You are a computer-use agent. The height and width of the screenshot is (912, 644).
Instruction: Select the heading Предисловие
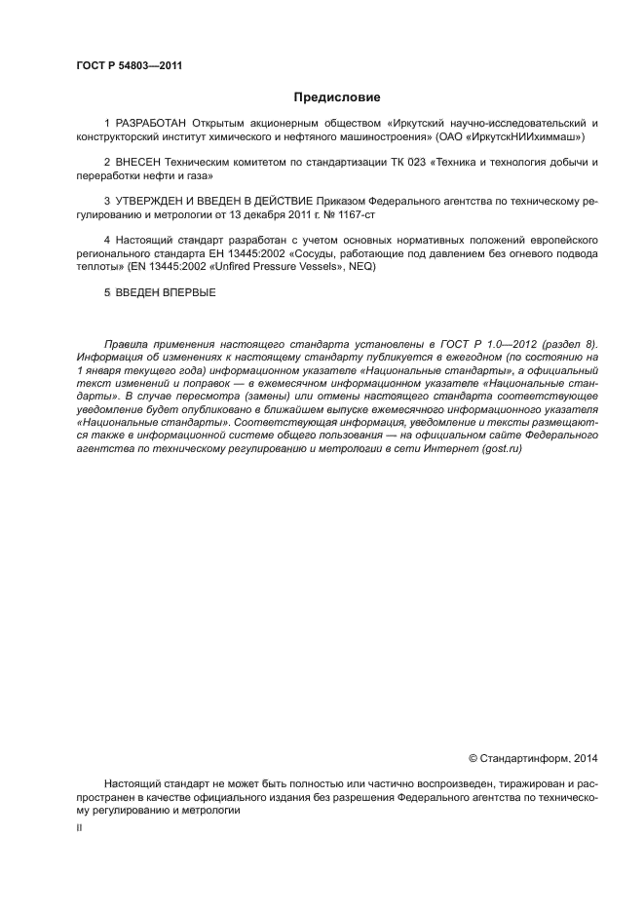[337, 96]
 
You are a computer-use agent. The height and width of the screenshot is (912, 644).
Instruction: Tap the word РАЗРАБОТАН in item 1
[152, 124]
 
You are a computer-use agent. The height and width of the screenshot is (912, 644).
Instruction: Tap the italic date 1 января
[105, 371]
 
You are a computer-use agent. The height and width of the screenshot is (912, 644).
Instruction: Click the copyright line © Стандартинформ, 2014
[533, 757]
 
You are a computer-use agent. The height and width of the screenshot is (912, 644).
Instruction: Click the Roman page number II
[79, 826]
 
